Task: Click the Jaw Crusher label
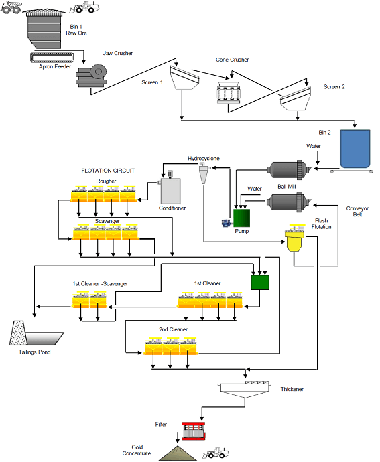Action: [x=117, y=52]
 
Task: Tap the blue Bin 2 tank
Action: [x=355, y=149]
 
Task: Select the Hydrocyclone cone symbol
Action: [x=203, y=173]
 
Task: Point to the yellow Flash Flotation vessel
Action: [x=294, y=240]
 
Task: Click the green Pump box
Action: [x=241, y=218]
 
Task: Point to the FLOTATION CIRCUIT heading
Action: [x=108, y=171]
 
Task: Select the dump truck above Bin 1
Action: [x=15, y=7]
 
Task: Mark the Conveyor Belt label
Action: [x=357, y=211]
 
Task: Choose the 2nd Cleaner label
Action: [x=172, y=329]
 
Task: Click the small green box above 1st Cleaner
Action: [x=260, y=282]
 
